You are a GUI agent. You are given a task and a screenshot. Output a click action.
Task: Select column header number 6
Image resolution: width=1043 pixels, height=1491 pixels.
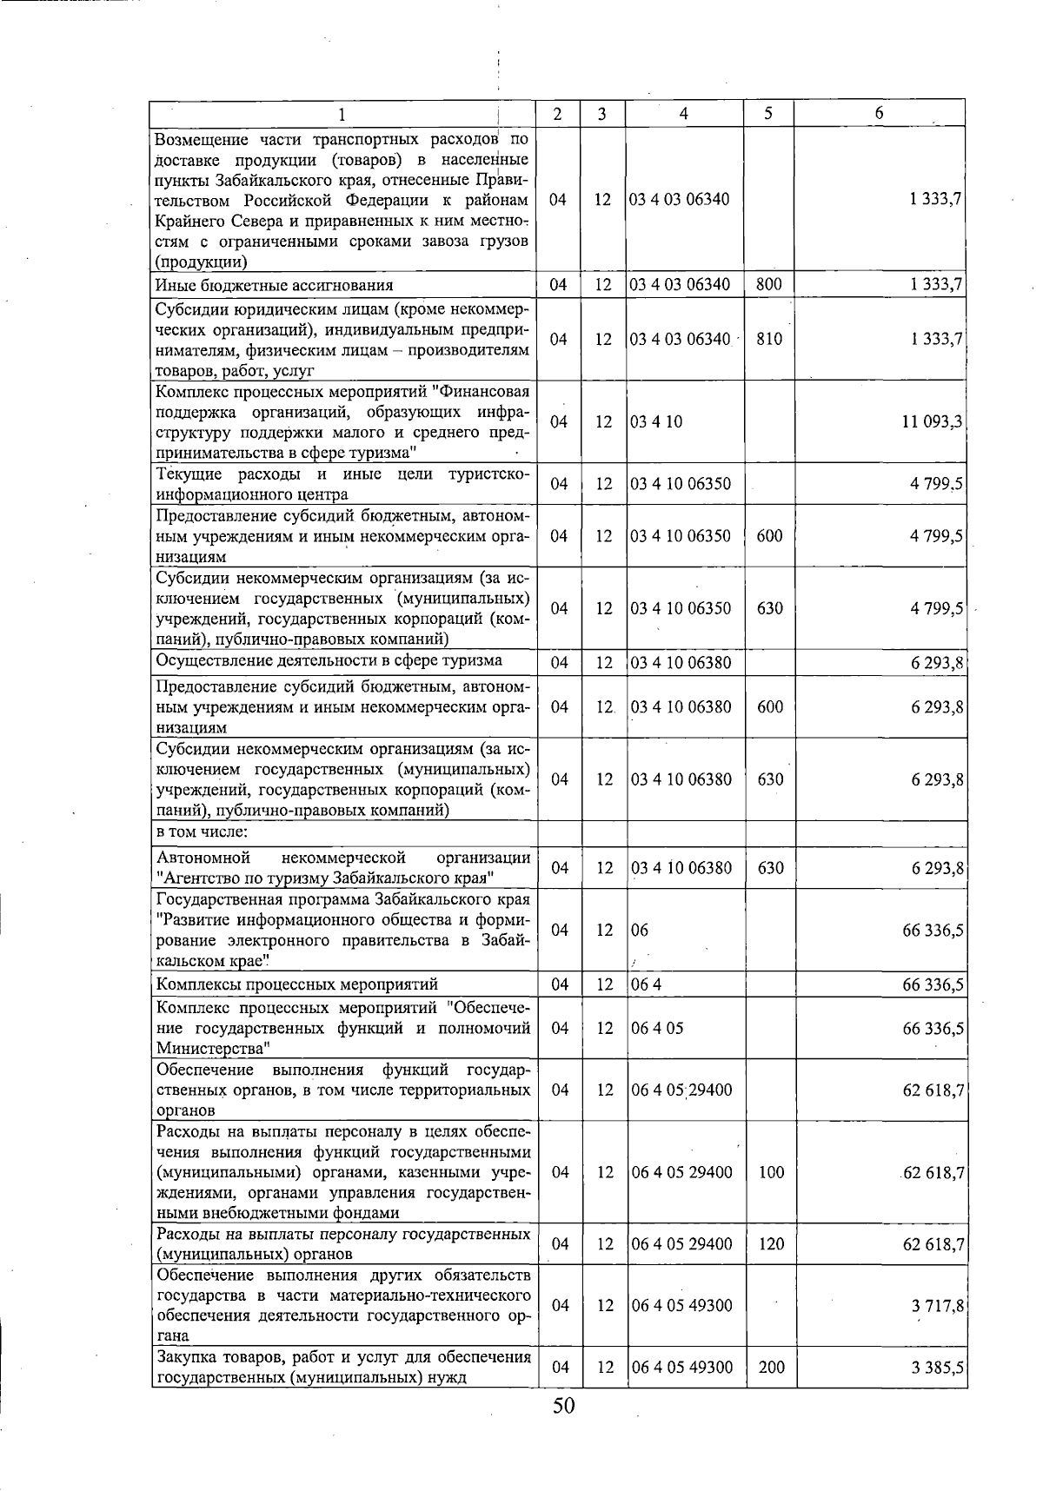pos(880,113)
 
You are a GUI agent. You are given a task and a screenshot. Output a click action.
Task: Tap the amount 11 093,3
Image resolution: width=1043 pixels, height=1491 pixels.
pos(932,421)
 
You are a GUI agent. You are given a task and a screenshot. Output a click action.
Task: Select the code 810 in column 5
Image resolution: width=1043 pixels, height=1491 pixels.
pos(769,339)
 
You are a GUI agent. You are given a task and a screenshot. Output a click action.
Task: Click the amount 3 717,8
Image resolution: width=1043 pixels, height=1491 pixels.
pos(937,1306)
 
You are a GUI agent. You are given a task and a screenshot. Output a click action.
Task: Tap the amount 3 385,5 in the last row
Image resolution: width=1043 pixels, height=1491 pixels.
pos(937,1368)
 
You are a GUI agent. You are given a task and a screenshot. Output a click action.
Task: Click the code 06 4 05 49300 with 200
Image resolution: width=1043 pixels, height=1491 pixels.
pos(682,1368)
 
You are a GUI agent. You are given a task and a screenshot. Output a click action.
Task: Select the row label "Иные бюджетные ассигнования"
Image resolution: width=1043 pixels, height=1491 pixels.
pos(274,285)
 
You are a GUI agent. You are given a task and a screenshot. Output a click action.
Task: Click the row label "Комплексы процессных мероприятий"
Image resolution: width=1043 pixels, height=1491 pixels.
pos(296,984)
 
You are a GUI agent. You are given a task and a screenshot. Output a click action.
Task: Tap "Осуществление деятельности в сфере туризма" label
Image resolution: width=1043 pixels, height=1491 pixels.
pos(329,660)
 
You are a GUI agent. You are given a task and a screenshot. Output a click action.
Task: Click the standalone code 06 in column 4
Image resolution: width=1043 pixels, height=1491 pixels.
pos(641,931)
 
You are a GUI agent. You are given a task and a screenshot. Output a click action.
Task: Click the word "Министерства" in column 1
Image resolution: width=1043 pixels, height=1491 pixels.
pos(212,1049)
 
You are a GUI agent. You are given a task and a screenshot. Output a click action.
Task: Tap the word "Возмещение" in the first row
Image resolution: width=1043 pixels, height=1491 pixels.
pos(201,139)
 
